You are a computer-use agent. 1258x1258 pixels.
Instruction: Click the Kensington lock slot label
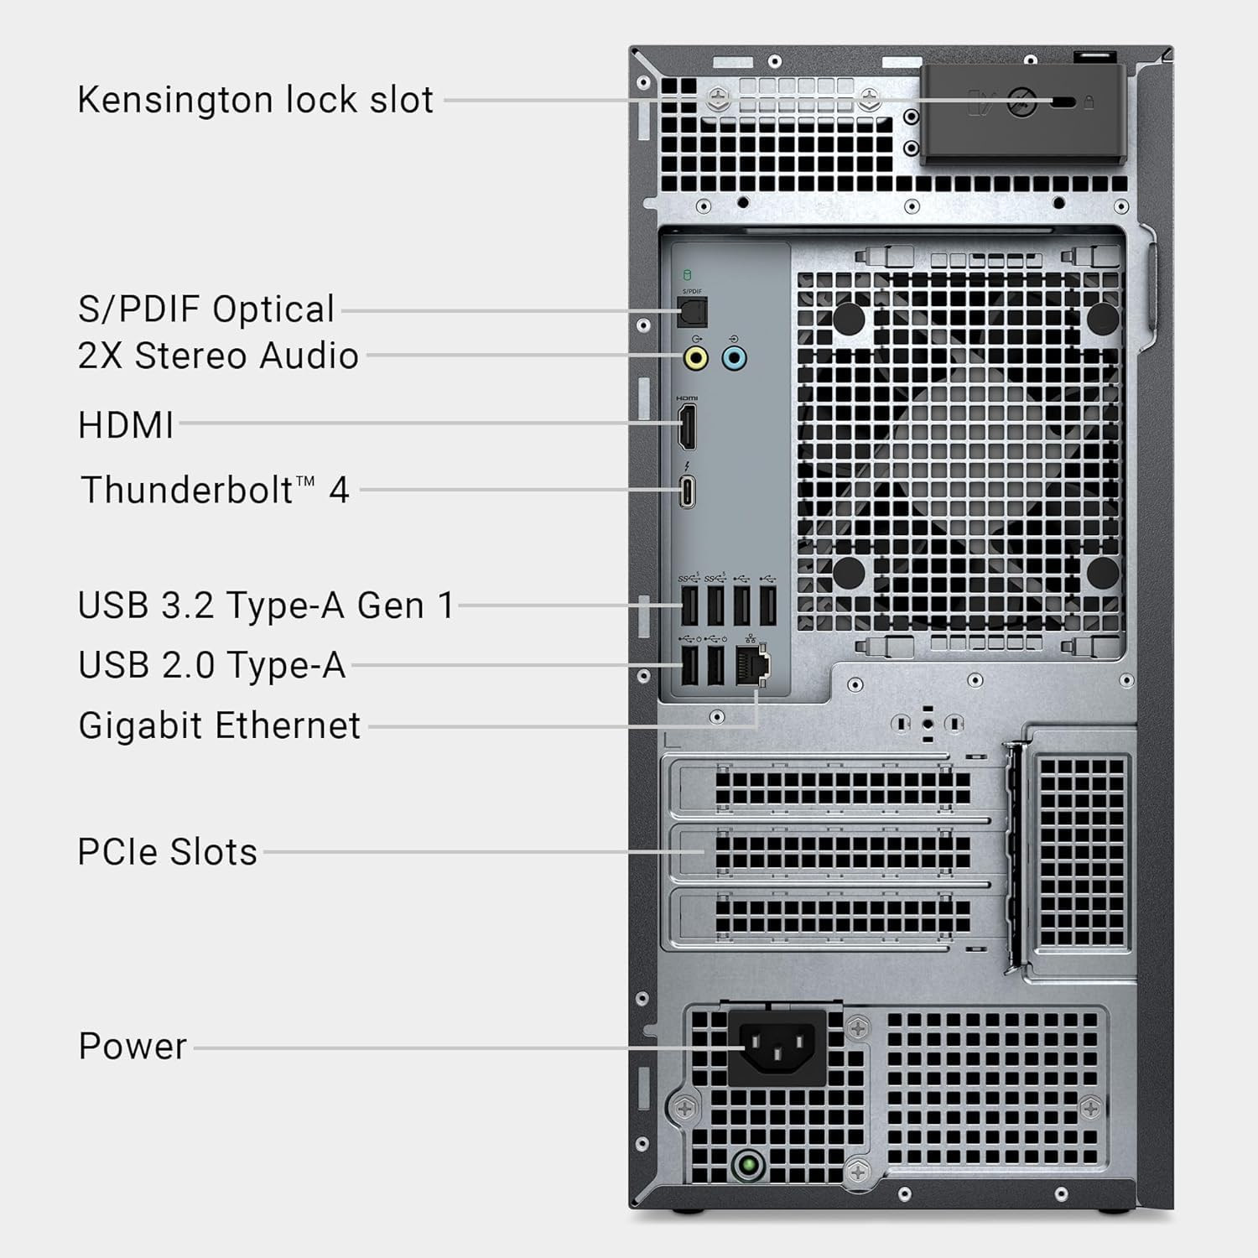255,100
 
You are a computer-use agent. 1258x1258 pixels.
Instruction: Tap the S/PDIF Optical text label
206,309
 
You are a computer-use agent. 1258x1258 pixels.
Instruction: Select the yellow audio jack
695,359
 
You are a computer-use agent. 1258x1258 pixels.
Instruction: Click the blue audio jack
734,359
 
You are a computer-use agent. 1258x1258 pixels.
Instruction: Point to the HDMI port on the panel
686,426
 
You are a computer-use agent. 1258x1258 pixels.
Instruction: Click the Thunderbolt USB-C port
687,492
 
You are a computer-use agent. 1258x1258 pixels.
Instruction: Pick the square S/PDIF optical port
693,312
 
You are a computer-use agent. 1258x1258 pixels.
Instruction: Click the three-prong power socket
777,1047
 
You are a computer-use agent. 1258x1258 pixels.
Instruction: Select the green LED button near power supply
747,1165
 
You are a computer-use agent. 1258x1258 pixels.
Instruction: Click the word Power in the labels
133,1047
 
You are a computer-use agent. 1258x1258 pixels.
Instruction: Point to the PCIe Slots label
167,852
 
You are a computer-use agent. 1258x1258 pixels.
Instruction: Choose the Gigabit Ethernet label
219,726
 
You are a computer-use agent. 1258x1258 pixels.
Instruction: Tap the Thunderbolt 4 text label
215,491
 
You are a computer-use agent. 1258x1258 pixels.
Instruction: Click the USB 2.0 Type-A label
211,665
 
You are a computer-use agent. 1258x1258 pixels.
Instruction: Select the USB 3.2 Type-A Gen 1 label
266,606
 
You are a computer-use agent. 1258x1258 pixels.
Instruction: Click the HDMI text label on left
126,425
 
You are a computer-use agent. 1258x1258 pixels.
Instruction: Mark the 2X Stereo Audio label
218,356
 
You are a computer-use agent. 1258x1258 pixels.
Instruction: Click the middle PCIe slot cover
839,852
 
